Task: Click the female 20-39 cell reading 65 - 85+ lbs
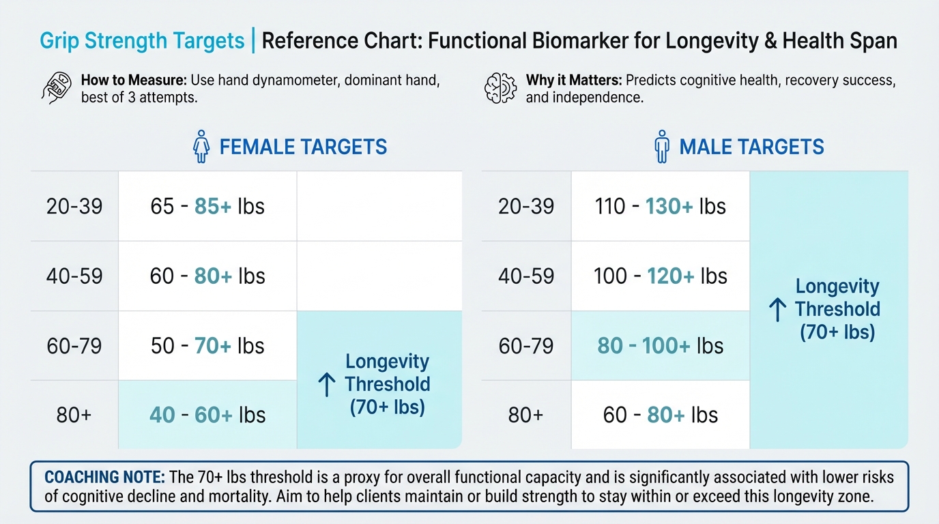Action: [x=207, y=206]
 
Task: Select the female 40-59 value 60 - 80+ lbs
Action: [x=207, y=276]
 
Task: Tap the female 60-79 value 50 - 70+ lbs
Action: [x=207, y=345]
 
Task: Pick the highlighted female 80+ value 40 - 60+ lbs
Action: [x=207, y=415]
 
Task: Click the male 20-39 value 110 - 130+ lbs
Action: [x=660, y=206]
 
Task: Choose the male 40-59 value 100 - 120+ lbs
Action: [x=660, y=276]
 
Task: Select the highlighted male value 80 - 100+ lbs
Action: [x=660, y=345]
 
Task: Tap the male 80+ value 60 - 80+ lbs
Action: [x=660, y=415]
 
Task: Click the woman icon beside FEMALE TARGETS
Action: [x=201, y=147]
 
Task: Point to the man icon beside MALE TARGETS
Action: [x=661, y=147]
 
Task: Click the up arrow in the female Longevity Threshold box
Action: [x=327, y=385]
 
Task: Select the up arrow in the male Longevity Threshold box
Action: [x=777, y=310]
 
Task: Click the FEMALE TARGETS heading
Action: [x=303, y=147]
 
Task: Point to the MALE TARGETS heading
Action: [x=751, y=147]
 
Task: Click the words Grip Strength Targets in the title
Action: [x=142, y=41]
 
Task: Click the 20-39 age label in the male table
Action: [x=526, y=206]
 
